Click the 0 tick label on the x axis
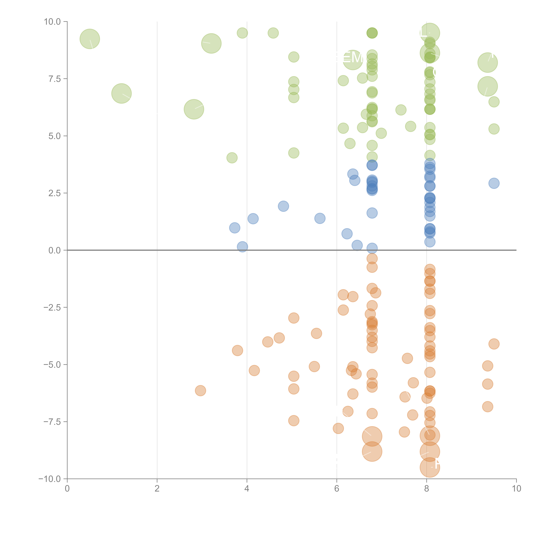tap(67, 489)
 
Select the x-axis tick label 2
tap(157, 489)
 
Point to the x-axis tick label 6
tap(337, 489)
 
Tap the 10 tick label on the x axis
tap(516, 489)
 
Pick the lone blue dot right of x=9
tap(494, 183)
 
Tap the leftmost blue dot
tap(235, 228)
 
